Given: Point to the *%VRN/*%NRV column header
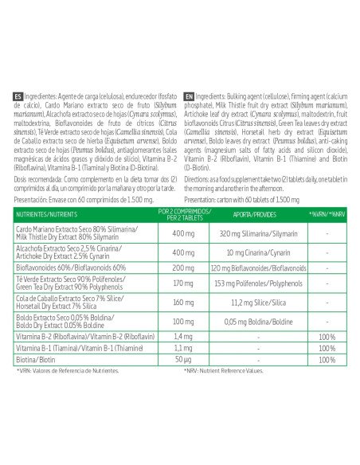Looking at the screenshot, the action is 327,215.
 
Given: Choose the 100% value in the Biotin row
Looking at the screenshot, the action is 327,360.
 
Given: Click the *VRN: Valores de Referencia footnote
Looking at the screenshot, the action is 67,371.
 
